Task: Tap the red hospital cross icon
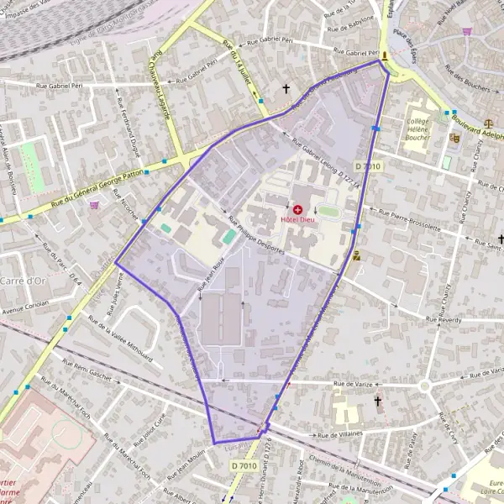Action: (x=297, y=208)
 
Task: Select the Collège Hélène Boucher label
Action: (x=418, y=128)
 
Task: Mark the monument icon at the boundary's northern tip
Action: (x=385, y=56)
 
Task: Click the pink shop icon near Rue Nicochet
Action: (x=94, y=205)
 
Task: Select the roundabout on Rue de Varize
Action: (x=424, y=386)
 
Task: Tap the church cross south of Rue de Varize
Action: (x=378, y=402)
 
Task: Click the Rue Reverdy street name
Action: (x=444, y=320)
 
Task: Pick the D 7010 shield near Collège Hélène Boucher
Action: (x=368, y=166)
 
